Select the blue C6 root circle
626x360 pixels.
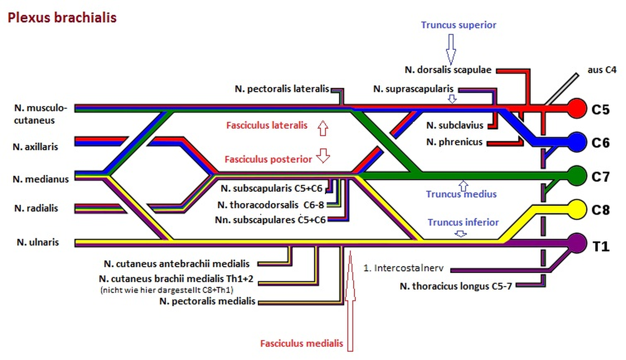[x=577, y=141]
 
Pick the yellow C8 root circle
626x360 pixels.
[x=577, y=208]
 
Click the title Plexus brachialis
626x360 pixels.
[x=61, y=18]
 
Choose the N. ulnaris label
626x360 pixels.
[x=38, y=242]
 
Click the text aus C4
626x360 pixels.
[x=602, y=71]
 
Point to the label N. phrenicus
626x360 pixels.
[x=454, y=142]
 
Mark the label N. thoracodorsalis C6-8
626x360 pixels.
[x=271, y=205]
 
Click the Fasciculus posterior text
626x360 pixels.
[x=268, y=159]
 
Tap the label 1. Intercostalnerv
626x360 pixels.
[x=406, y=269]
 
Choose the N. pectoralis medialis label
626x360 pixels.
[x=207, y=301]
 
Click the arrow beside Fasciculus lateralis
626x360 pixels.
[x=322, y=127]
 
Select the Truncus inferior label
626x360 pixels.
[x=463, y=222]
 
